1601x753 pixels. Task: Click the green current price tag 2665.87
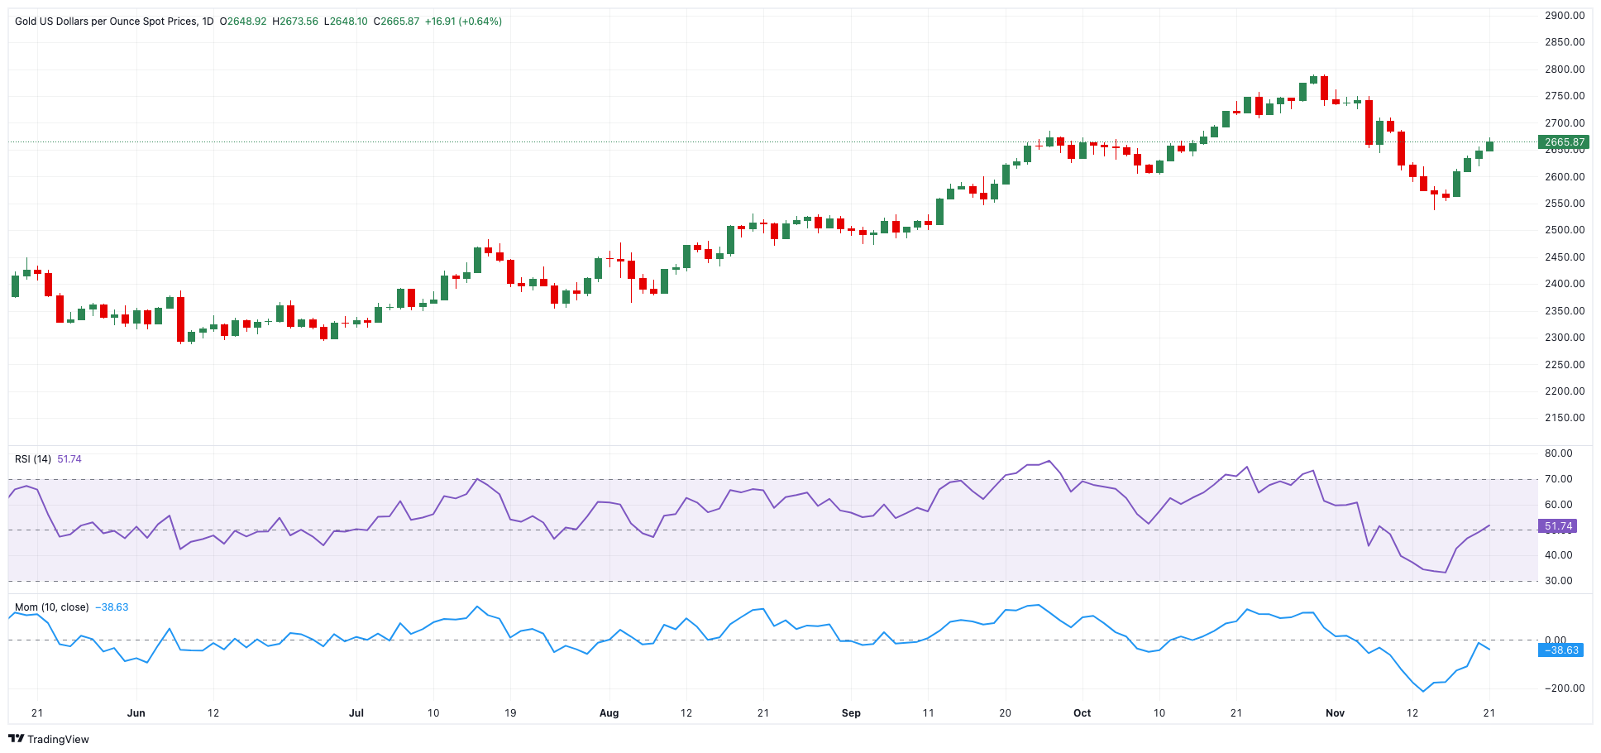click(1563, 142)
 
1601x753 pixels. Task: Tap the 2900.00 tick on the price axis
click(1564, 16)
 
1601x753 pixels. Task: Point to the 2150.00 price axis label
click(1564, 418)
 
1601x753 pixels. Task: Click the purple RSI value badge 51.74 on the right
click(1557, 526)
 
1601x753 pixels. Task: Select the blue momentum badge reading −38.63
click(1560, 650)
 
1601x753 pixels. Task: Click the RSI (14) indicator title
click(33, 459)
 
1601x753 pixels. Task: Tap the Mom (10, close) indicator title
click(51, 607)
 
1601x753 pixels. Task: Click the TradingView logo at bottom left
click(49, 739)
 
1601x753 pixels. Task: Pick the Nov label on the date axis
click(1335, 712)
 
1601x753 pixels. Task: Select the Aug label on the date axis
click(609, 712)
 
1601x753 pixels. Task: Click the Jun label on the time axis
click(136, 712)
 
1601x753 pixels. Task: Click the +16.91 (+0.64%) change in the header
click(463, 22)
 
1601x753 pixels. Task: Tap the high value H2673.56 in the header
click(295, 22)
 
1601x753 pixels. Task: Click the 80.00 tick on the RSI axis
click(1558, 453)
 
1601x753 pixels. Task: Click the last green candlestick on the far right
click(1489, 146)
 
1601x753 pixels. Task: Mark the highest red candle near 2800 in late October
click(1324, 88)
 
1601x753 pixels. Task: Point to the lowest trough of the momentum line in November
click(1423, 691)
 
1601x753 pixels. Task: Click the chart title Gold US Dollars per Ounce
click(106, 22)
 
